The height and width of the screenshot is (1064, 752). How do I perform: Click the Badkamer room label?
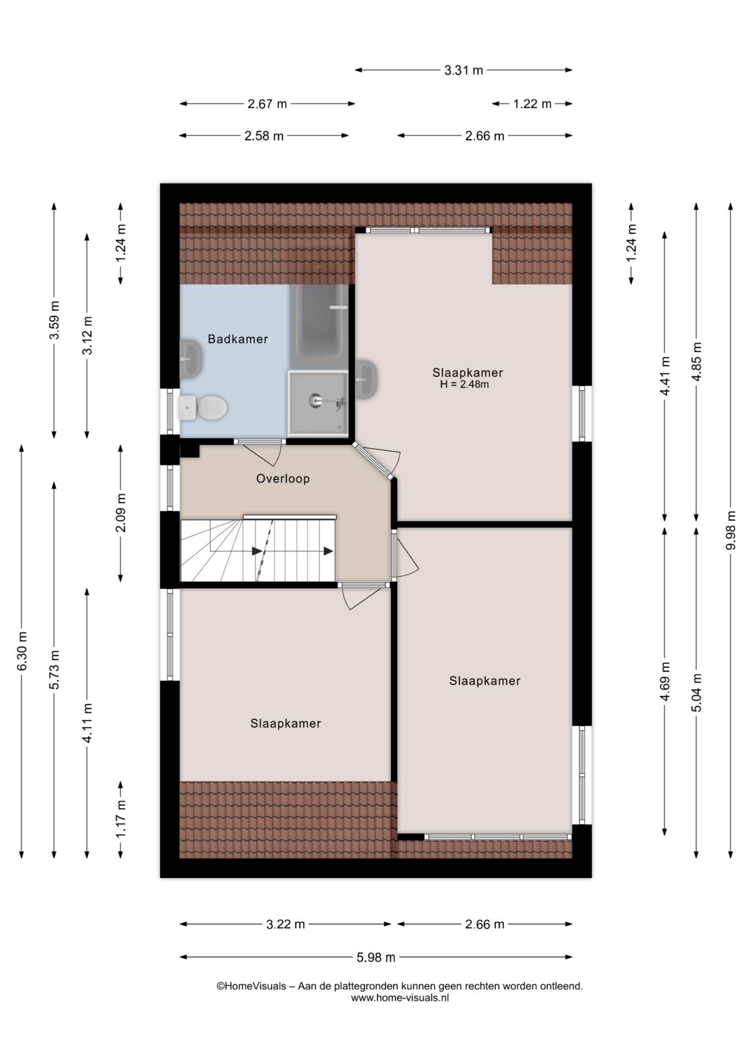[x=238, y=339]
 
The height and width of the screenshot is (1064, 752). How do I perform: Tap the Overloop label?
[x=282, y=479]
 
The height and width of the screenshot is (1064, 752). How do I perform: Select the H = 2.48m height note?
[x=464, y=385]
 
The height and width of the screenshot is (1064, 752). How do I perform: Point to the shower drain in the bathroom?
[x=316, y=399]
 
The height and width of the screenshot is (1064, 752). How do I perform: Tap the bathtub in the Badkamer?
[x=318, y=327]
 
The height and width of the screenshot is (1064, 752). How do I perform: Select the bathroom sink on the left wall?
[x=190, y=359]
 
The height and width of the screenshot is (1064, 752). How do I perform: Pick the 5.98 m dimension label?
[x=376, y=957]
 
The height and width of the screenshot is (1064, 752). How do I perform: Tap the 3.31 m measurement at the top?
[x=463, y=70]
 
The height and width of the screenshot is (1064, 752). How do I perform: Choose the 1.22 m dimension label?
[x=532, y=104]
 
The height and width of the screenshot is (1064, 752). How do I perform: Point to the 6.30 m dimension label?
[x=22, y=651]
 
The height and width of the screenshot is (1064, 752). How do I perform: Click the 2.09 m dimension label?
[x=121, y=513]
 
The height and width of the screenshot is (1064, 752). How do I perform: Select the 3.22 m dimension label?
[x=286, y=924]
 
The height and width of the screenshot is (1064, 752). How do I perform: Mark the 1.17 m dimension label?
[x=121, y=820]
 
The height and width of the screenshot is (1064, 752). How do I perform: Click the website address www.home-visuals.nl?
[x=400, y=997]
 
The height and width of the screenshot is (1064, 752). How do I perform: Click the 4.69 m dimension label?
[x=665, y=682]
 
